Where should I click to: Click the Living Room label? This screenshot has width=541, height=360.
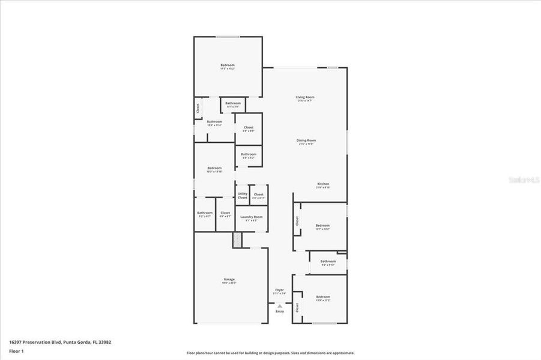point(305,97)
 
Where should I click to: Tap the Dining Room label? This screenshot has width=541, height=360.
point(306,140)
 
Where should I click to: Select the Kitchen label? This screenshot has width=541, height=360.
point(323,184)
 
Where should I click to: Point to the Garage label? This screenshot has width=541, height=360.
point(229,280)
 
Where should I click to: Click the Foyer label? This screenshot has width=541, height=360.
point(279,290)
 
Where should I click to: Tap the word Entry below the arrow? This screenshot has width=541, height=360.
point(280,311)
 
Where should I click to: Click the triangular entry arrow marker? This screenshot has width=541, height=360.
point(279,305)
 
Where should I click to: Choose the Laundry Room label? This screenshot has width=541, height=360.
point(251,217)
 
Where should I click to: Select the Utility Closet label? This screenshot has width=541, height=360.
point(242,195)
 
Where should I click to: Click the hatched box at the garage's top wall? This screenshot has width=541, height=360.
point(237,239)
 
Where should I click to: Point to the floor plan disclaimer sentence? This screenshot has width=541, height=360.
point(270,353)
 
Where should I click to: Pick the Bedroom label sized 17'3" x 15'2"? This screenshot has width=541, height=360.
point(228,65)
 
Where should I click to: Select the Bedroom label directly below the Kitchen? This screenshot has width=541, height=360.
point(322,226)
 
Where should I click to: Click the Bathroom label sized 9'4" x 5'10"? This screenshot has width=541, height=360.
point(328,261)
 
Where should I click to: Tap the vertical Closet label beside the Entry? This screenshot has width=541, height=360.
point(297,308)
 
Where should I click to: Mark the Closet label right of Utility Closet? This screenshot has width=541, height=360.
point(258,194)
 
